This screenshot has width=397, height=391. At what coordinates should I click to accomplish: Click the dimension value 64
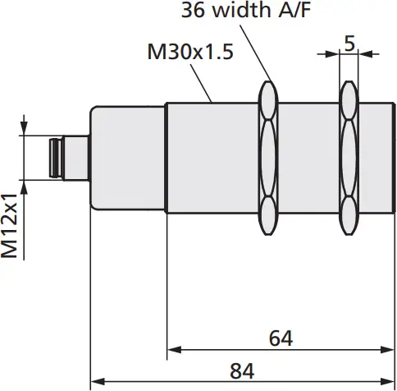coord(281,338)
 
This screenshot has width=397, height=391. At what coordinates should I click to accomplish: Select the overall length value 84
coord(241,370)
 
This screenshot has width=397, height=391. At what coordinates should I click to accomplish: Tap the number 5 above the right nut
coord(349,44)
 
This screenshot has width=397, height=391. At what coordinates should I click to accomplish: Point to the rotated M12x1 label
coord(10,226)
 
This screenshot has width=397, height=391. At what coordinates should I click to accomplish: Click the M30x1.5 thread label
coord(190,53)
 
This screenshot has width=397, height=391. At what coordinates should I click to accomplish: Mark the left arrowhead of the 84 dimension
coord(96,381)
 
